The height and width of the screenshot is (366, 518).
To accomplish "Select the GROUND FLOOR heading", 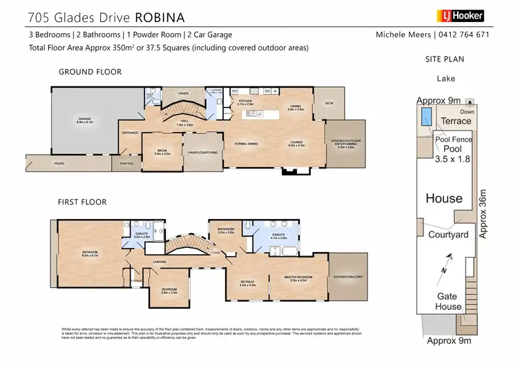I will pos(90,72).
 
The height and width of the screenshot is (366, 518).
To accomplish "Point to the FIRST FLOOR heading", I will pos(82,202).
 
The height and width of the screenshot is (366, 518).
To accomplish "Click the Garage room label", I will pos(84,121).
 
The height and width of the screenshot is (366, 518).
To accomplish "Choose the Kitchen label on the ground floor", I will pos(246,102).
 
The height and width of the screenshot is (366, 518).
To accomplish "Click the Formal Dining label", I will pos(247,143).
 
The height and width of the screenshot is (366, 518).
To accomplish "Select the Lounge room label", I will pos(296,143).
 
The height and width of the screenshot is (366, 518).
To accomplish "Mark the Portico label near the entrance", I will pos(126,164).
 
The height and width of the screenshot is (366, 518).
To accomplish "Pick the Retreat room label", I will pos(248,282).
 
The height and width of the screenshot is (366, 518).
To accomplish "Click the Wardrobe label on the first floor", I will pos(227,231).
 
